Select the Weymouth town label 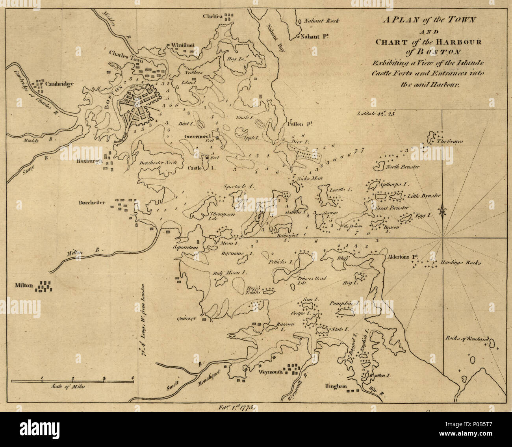(x=271, y=371)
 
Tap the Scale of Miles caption (x=68, y=387)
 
